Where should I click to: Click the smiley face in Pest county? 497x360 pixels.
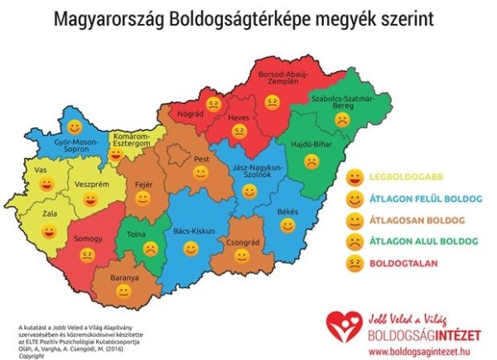point(200,173)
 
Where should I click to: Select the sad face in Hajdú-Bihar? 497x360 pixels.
point(311,162)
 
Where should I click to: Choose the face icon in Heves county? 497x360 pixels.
point(239,130)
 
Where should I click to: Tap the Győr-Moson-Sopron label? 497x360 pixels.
point(75,147)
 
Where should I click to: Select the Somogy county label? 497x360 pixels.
point(84,239)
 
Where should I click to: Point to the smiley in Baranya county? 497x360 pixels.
point(124,290)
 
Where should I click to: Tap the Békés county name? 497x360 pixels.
point(287,212)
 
